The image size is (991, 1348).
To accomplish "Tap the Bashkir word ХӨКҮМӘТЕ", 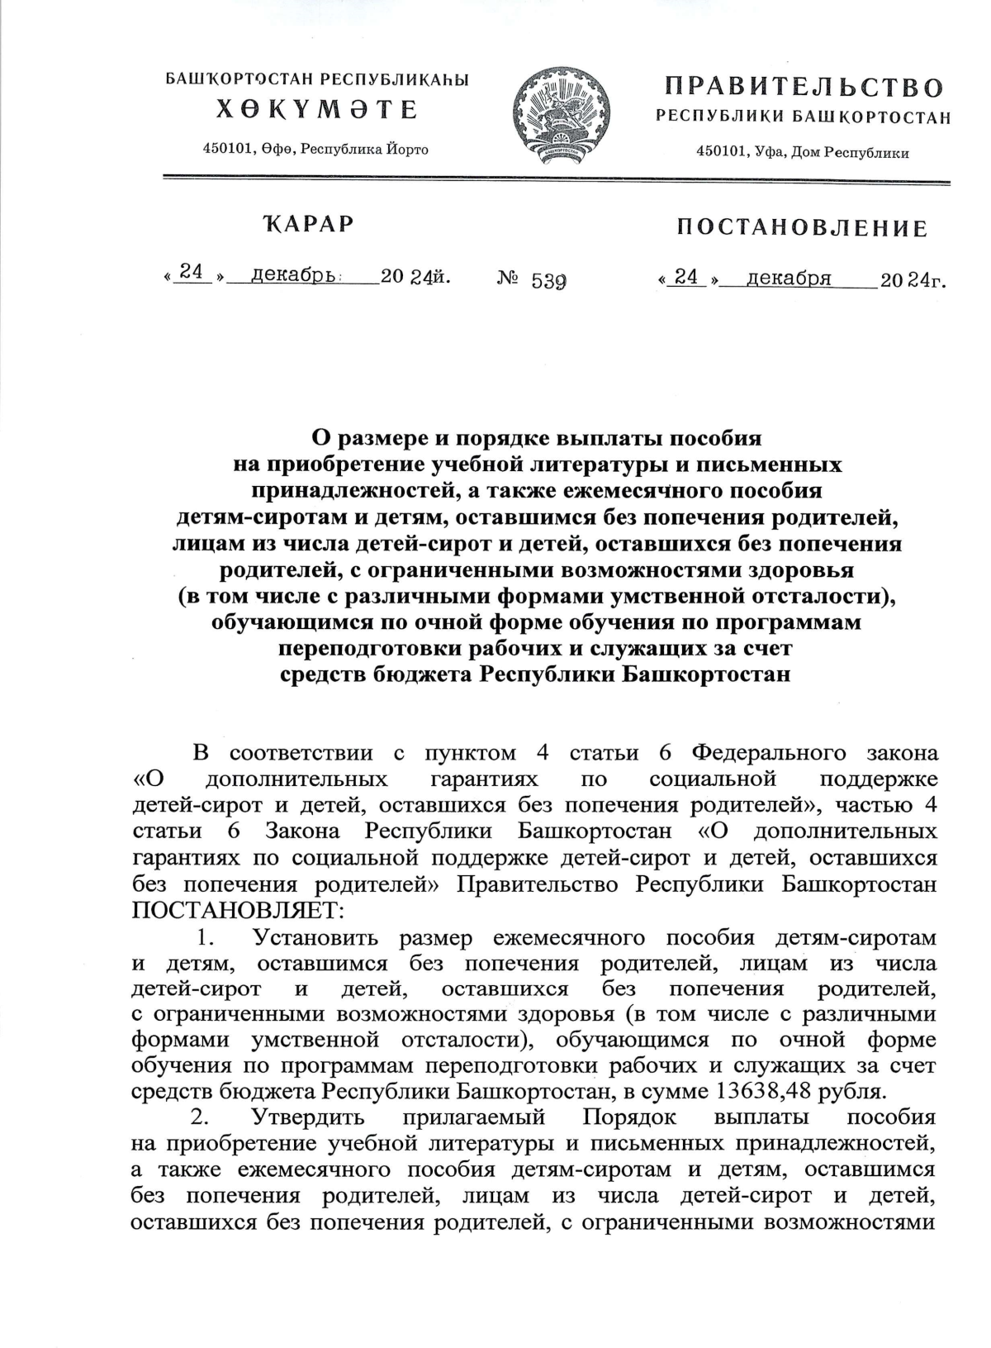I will pos(317,109).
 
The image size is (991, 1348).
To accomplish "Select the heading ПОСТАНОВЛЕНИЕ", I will pos(801,228).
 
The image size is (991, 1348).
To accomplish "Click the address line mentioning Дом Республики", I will pos(803,153).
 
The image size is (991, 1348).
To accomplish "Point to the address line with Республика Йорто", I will pos(316,149).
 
